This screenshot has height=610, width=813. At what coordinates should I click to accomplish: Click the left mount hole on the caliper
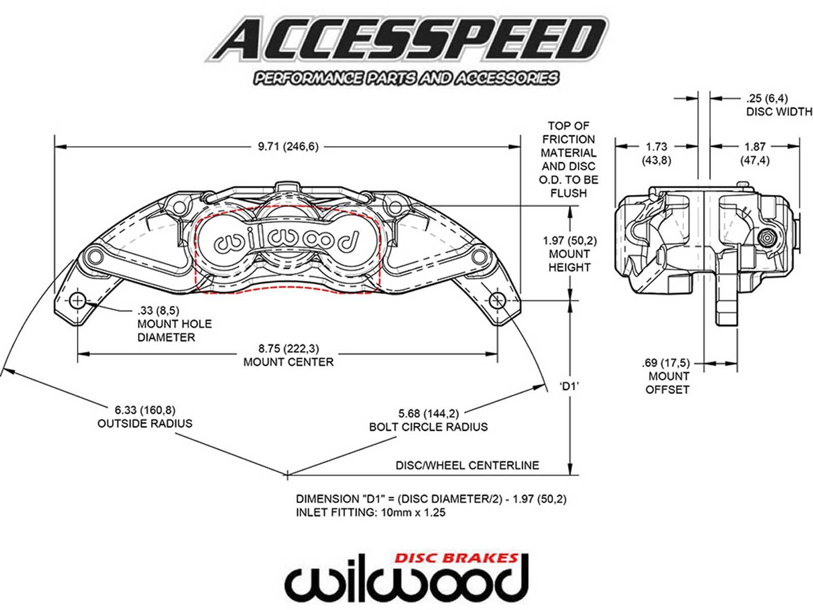(77, 301)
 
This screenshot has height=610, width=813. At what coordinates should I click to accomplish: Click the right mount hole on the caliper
(496, 301)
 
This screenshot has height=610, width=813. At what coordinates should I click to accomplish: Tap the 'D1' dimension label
(570, 386)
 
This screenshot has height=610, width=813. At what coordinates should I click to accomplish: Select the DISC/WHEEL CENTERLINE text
(467, 465)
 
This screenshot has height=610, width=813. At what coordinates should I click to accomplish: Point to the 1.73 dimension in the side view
(656, 147)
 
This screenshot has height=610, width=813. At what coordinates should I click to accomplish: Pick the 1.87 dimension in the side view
(755, 147)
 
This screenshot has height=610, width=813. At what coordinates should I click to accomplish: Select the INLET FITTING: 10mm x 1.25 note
(370, 512)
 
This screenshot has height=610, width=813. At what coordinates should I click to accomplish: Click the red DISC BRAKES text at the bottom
(456, 558)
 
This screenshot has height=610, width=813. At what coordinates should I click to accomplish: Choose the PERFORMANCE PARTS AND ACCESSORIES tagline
(406, 78)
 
